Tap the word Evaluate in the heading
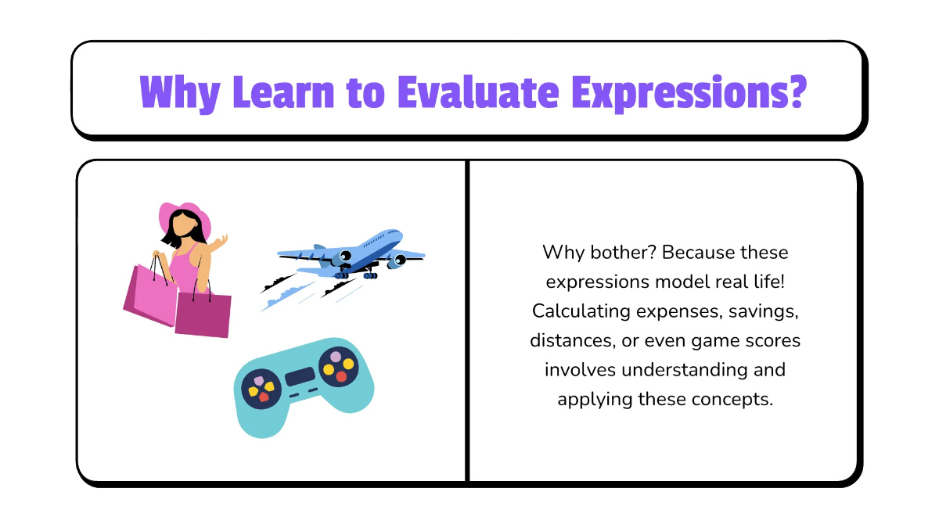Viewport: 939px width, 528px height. tap(477, 92)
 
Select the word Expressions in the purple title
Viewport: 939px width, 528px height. tap(688, 92)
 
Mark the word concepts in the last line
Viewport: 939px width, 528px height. tap(732, 399)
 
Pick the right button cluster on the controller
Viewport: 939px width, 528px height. tap(339, 367)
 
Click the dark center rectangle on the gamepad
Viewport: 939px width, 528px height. tap(300, 377)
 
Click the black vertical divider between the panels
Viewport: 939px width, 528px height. tap(467, 321)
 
